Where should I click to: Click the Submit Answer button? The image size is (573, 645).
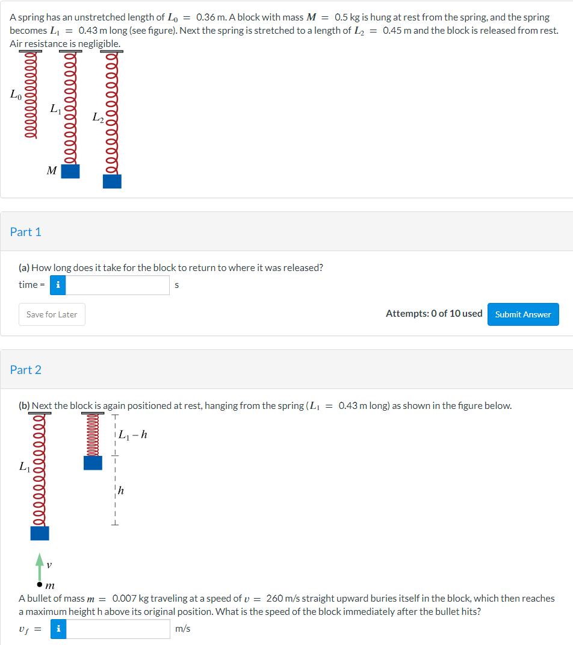(x=522, y=314)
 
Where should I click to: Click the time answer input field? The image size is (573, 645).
(x=117, y=285)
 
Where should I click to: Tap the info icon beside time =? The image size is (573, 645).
(x=58, y=285)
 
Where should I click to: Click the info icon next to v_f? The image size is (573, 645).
(x=58, y=629)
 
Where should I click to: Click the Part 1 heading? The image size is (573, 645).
(x=26, y=232)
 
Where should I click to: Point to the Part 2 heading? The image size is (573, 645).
(x=26, y=370)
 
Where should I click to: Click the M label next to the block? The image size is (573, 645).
(x=52, y=171)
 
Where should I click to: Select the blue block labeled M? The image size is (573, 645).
(x=70, y=171)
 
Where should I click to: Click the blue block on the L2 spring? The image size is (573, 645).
(x=112, y=181)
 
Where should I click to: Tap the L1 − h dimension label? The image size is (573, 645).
(x=132, y=434)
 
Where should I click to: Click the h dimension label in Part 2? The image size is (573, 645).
(x=121, y=491)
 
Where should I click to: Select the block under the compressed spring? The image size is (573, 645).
(x=93, y=463)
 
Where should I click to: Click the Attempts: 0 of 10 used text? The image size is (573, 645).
(x=433, y=314)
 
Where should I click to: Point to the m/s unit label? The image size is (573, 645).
(x=183, y=629)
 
